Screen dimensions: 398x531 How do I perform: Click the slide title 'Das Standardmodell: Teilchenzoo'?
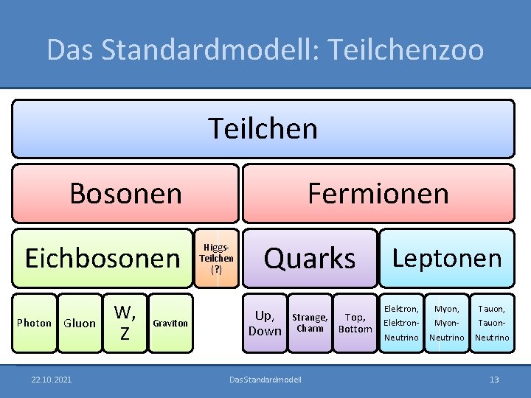point(265,49)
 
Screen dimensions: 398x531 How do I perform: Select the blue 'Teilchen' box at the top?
point(263,128)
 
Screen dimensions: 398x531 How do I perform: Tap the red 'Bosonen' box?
point(125,193)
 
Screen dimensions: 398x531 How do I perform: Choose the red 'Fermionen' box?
point(378,193)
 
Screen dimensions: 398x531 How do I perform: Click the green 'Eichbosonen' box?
point(102,258)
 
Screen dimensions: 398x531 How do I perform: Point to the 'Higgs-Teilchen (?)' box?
point(216,258)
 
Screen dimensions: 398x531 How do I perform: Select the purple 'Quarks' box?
point(310,258)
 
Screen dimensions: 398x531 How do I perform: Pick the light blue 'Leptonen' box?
point(446,258)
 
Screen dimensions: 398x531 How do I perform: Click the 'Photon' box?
point(34,323)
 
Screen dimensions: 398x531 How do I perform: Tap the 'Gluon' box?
point(80,323)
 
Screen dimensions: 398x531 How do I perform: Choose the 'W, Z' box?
point(125,323)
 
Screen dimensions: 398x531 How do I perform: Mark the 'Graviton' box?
point(170,323)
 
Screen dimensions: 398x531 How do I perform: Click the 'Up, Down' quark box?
point(265,323)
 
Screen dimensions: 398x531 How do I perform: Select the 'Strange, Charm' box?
point(310,323)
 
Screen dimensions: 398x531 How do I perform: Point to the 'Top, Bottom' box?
point(355,323)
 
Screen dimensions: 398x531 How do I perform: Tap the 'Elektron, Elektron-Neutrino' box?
point(401,323)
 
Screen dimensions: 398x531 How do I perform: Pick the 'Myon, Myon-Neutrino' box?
point(446,323)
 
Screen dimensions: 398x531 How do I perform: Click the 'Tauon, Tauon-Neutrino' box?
point(492,323)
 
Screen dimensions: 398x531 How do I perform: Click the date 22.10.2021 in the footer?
point(52,380)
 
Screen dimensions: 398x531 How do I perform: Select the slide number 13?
point(494,380)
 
